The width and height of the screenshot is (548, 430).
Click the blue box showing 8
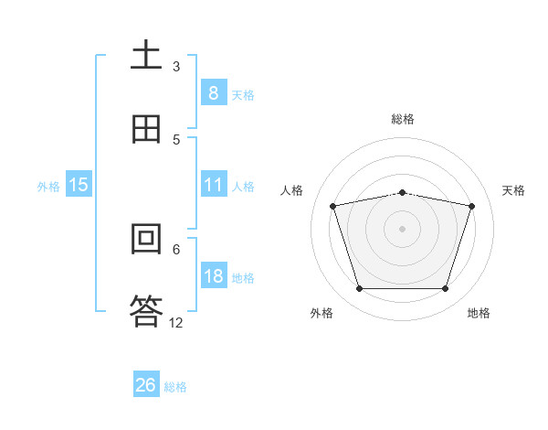(x=213, y=93)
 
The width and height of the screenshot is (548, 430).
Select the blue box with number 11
(x=213, y=185)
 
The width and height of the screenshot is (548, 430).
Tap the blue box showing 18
(x=213, y=276)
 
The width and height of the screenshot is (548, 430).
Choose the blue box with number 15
(x=79, y=185)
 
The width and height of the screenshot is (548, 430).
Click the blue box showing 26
(x=146, y=385)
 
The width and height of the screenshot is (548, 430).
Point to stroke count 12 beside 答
(x=176, y=322)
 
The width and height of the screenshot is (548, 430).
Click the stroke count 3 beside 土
(x=176, y=66)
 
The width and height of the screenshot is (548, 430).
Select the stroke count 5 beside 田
(x=176, y=139)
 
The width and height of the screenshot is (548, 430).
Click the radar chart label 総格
(x=403, y=119)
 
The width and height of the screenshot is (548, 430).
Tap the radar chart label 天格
(x=514, y=190)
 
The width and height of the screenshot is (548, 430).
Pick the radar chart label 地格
(x=479, y=313)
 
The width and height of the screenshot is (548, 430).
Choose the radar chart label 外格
(x=321, y=313)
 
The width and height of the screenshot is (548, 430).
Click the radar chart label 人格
(x=292, y=190)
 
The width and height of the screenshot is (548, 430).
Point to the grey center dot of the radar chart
(x=402, y=228)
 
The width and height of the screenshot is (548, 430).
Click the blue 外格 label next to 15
(x=48, y=186)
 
